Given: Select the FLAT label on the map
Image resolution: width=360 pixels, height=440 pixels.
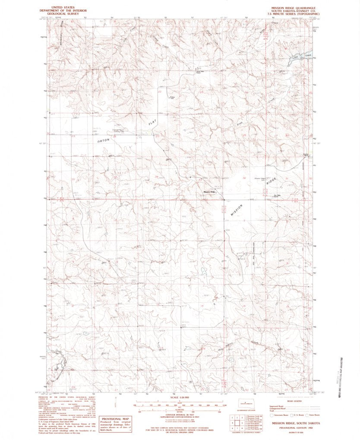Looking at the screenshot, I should [151, 124].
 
